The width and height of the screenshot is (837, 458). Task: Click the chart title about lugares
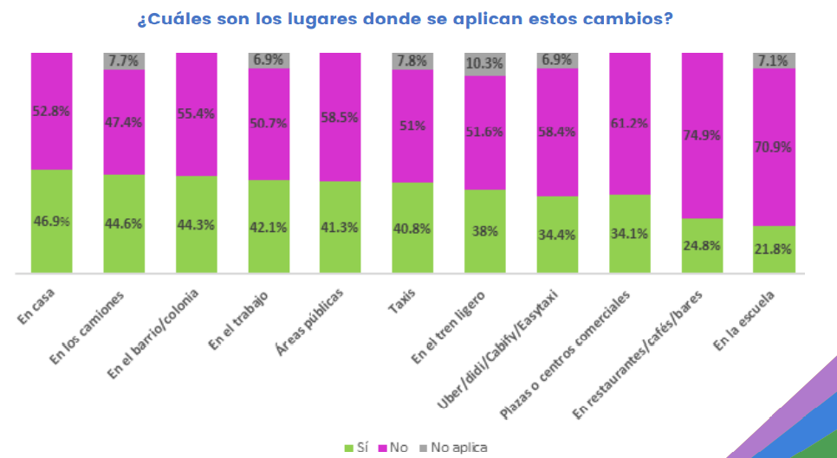(x=405, y=17)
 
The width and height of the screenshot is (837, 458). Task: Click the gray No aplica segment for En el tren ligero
(x=485, y=64)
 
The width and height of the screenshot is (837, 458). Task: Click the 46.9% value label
(x=52, y=220)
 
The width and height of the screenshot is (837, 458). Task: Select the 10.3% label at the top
(x=485, y=63)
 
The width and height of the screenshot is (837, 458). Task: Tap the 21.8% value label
(x=775, y=248)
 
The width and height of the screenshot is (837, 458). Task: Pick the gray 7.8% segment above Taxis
(x=412, y=61)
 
